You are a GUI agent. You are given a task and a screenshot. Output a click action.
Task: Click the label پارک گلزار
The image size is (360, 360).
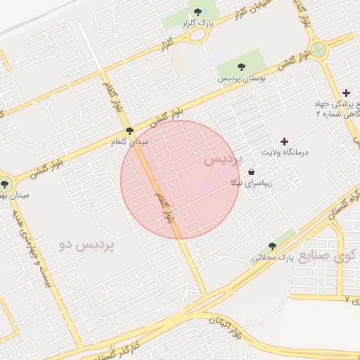tap(198, 24)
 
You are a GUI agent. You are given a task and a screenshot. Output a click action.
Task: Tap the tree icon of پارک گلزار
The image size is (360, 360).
tap(198, 12)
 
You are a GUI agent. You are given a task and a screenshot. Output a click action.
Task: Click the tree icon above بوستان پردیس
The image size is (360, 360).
tap(242, 67)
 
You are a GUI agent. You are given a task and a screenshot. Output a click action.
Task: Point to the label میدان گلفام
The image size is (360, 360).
tap(130, 142)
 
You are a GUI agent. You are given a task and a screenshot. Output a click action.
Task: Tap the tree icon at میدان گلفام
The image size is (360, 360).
tap(129, 131)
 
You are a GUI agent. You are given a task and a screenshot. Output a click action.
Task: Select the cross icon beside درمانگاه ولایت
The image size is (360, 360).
tap(284, 141)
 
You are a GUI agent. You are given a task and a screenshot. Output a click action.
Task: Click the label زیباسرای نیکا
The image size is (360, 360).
tap(251, 183)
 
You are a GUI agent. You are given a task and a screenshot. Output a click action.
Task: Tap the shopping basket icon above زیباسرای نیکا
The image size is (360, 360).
tap(251, 172)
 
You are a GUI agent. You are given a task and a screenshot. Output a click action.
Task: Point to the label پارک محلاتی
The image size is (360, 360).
tap(272, 258)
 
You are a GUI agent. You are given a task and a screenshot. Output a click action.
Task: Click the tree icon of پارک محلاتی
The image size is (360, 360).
tap(272, 246)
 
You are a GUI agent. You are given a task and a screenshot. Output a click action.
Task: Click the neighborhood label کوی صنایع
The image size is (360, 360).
tap(329, 255)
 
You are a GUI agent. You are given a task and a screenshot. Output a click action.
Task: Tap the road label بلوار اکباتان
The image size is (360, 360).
tap(238, 329)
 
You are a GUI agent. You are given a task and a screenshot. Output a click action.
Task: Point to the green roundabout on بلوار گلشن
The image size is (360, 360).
tap(318, 50)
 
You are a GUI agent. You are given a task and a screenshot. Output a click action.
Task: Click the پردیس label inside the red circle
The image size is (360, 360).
tap(223, 160)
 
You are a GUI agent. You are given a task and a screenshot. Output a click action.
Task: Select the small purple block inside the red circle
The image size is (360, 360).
tap(205, 186)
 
